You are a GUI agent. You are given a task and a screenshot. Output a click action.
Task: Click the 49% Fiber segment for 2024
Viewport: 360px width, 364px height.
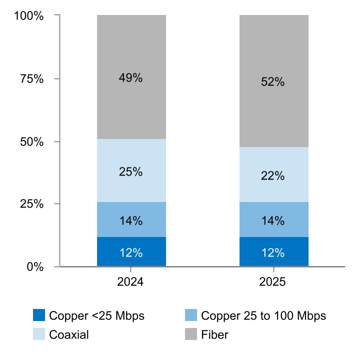click(x=131, y=77)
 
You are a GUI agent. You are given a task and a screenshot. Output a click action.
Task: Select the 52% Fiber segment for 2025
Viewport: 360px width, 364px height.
click(x=273, y=81)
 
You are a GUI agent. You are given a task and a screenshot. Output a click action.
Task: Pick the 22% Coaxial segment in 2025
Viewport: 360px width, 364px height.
click(x=273, y=175)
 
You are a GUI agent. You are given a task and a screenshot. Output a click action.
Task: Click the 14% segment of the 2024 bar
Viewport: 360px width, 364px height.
click(x=131, y=219)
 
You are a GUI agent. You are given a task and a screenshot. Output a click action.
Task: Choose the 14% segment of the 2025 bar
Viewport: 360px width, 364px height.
click(x=273, y=219)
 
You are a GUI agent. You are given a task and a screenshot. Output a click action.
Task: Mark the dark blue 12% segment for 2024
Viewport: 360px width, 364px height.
click(x=131, y=252)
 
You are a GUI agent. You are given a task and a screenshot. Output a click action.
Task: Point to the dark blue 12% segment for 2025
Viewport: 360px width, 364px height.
click(x=273, y=252)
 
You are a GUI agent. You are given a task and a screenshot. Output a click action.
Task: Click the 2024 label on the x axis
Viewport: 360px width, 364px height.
click(x=130, y=282)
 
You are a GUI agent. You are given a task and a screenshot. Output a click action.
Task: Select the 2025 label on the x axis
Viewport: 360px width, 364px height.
click(x=273, y=282)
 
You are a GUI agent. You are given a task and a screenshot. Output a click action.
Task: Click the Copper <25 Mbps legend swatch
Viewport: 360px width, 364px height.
click(x=39, y=316)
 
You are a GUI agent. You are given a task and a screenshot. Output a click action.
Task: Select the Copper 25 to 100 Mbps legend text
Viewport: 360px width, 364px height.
click(x=263, y=316)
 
